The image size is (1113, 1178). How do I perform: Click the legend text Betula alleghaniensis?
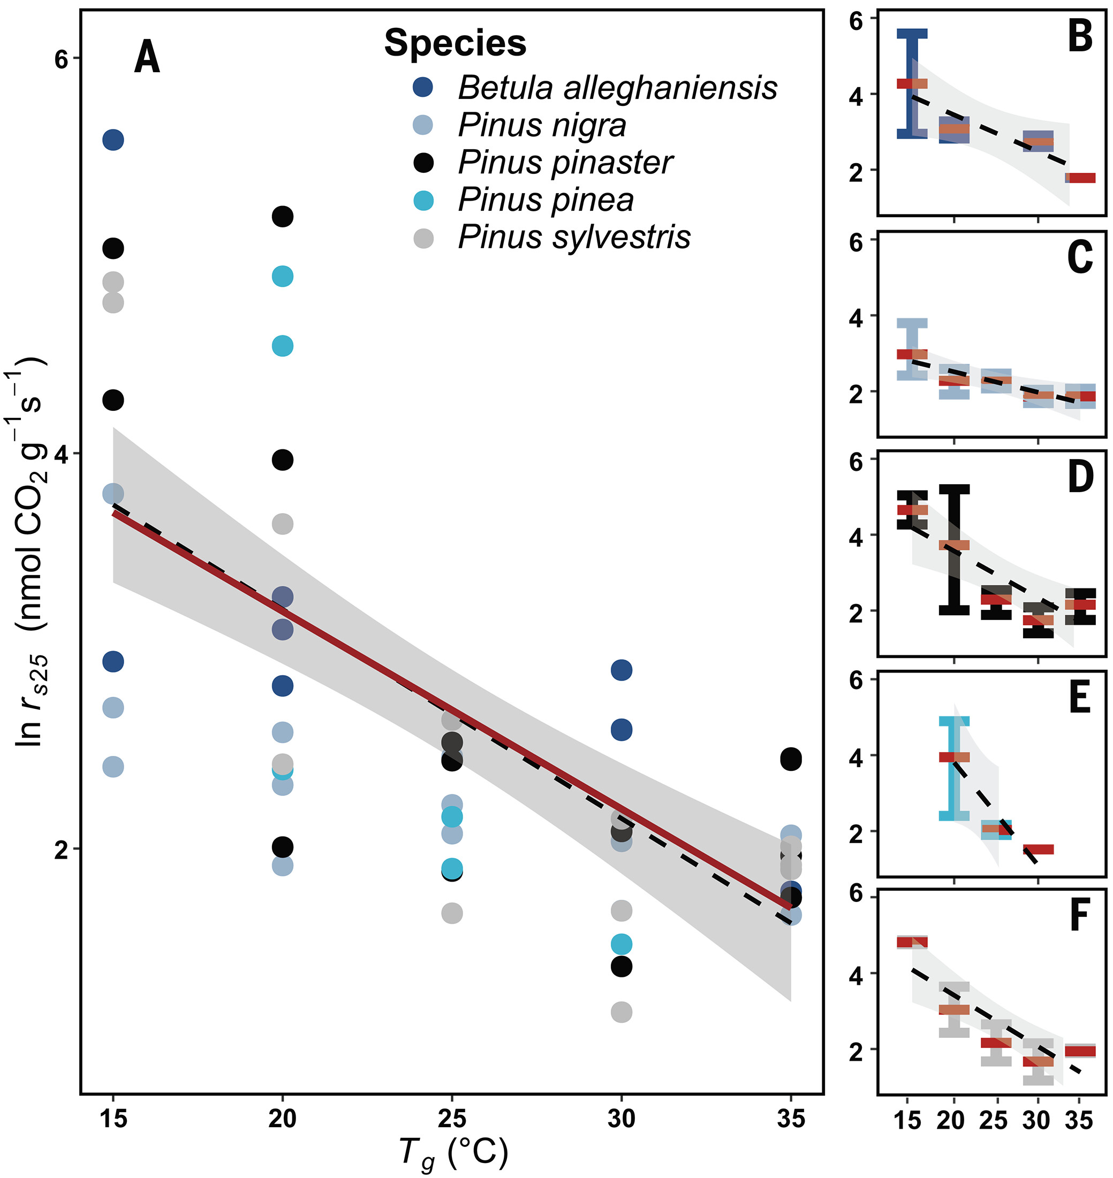click(617, 88)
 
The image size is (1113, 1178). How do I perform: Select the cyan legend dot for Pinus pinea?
click(423, 201)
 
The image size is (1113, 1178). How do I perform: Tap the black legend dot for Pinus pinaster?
click(423, 163)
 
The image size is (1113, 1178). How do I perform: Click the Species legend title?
click(455, 43)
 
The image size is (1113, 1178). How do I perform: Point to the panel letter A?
click(147, 57)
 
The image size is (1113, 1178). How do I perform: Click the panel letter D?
click(1080, 477)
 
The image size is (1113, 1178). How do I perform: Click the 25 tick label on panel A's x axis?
click(451, 1119)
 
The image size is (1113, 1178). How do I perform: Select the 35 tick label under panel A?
click(791, 1119)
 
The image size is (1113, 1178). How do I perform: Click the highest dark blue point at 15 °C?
click(113, 140)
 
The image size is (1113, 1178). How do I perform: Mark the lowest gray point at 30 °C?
click(621, 1012)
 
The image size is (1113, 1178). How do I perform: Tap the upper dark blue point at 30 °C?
click(621, 670)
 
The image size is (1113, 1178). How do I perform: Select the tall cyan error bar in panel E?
click(954, 768)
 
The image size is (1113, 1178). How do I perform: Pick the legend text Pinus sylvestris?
click(574, 237)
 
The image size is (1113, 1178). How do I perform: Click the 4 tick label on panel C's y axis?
click(856, 318)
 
